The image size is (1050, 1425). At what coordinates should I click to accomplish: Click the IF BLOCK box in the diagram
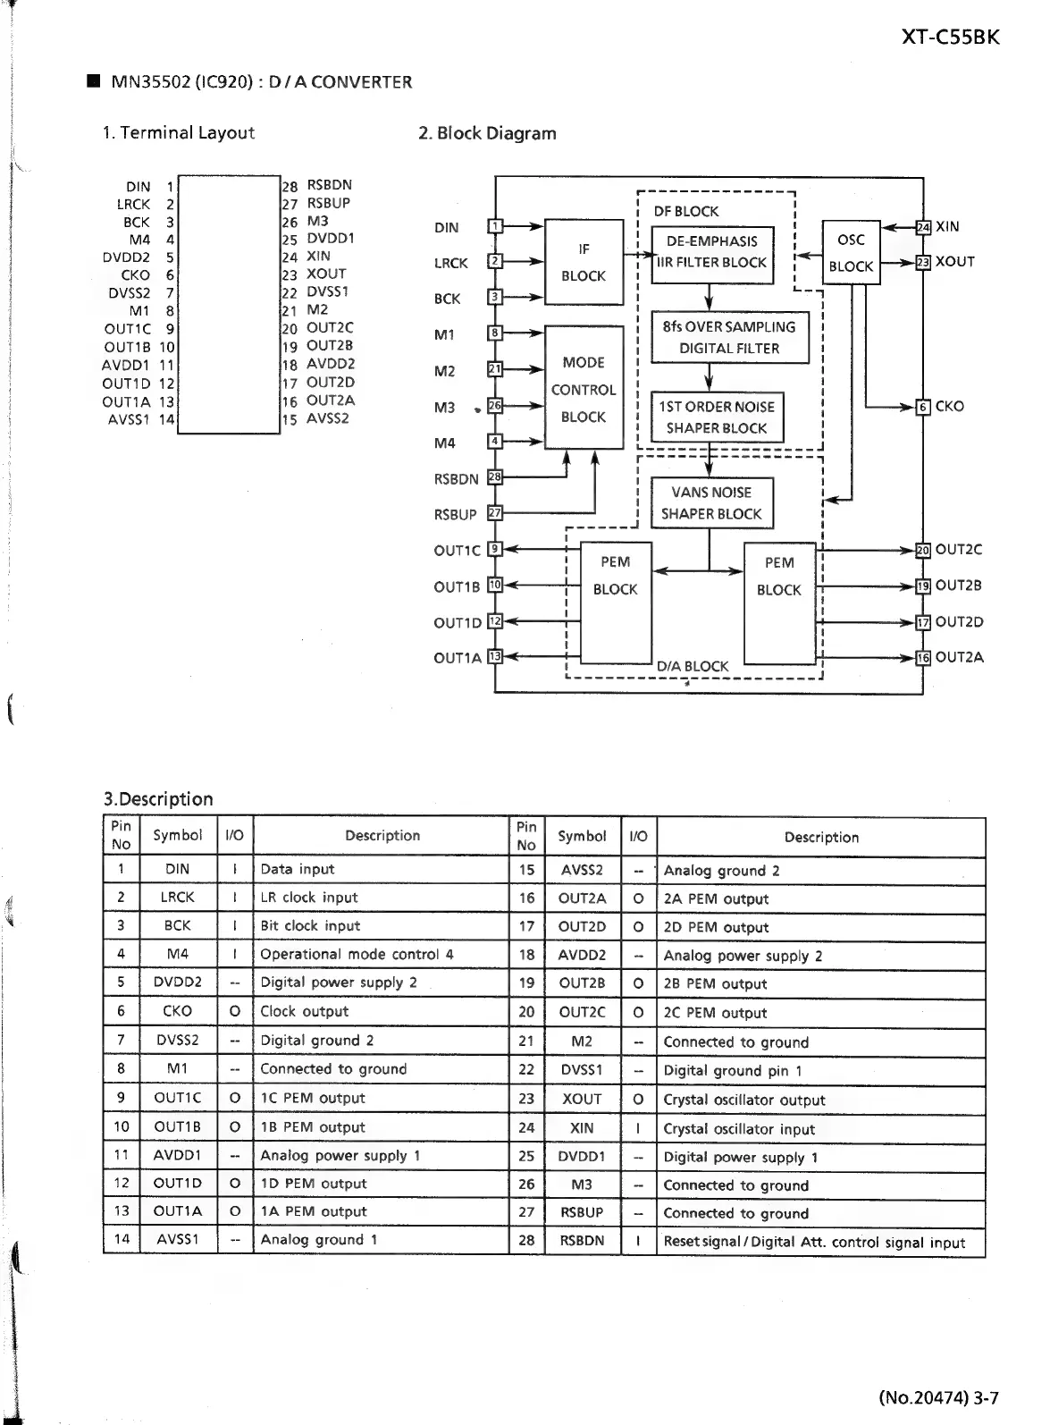(584, 262)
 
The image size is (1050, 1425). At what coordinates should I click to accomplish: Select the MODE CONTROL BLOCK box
(584, 389)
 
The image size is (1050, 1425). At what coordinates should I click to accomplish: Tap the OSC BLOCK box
(851, 252)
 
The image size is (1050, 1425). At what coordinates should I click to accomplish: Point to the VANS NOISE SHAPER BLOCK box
(711, 502)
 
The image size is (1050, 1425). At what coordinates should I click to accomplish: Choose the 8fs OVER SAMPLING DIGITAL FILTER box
(729, 337)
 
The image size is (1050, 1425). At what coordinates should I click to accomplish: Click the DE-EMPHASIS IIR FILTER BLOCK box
(711, 252)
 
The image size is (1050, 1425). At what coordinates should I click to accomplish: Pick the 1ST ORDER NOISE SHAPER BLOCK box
(717, 417)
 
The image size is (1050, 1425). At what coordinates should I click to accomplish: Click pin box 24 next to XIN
(923, 227)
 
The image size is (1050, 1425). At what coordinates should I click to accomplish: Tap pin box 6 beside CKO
(923, 407)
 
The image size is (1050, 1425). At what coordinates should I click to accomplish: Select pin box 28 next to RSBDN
(495, 478)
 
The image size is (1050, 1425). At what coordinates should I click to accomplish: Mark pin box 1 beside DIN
(495, 226)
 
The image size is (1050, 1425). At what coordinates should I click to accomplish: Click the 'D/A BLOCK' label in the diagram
(693, 666)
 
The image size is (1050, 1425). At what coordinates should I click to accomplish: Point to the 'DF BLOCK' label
(686, 211)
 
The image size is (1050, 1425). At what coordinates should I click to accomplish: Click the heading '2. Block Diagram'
(487, 133)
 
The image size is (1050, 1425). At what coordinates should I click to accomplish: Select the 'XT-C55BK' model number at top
(950, 38)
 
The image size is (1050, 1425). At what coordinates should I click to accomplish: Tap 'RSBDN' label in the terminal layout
(330, 185)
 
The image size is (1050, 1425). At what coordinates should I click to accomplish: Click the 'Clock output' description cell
(304, 1011)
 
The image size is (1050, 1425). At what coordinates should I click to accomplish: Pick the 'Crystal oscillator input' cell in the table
(739, 1128)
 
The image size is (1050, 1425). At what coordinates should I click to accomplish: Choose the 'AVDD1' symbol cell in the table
(177, 1155)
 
